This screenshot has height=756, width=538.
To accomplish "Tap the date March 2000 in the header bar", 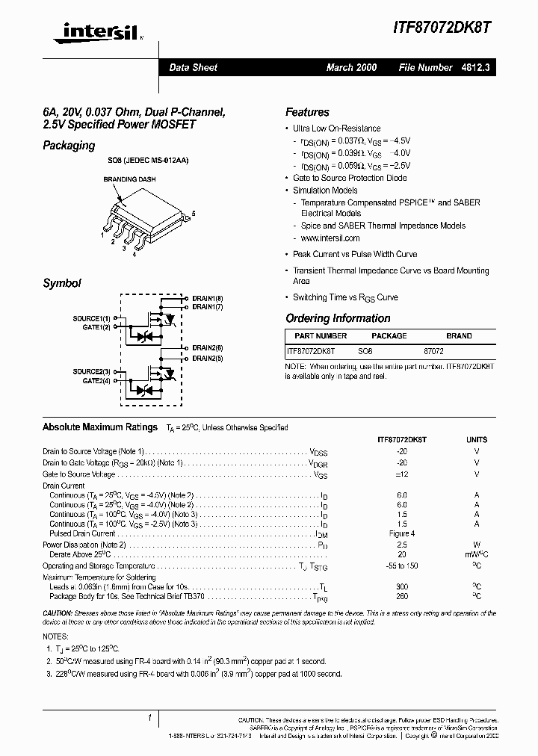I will (x=351, y=67).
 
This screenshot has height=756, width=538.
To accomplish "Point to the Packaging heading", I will (x=69, y=146).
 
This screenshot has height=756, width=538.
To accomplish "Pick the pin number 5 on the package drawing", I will (x=194, y=214).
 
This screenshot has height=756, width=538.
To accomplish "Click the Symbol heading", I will (x=61, y=283).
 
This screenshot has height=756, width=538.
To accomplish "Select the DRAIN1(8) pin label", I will (x=207, y=298).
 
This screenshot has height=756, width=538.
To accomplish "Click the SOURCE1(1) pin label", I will (x=91, y=318).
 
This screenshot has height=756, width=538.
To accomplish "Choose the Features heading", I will (x=307, y=112).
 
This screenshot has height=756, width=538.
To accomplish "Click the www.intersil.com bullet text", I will (x=330, y=238).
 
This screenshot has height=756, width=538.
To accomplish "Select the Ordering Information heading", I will (x=338, y=318).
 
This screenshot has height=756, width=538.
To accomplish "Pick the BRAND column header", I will (x=459, y=336).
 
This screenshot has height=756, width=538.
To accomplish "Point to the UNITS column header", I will (x=477, y=440).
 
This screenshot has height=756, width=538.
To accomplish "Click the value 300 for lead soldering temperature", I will (x=402, y=587).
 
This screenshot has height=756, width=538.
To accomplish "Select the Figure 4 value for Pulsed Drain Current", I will (x=402, y=533).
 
